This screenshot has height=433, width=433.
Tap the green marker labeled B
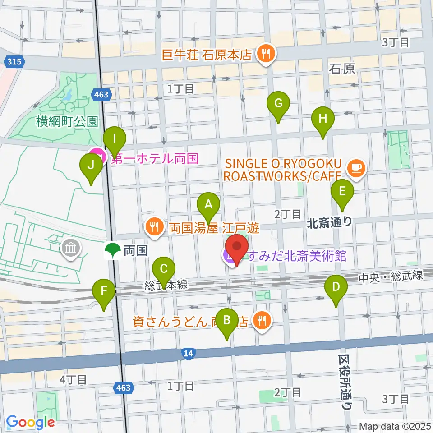pos(227,321)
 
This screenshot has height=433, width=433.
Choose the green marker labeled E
pos(342,192)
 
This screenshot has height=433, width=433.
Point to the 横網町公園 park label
pos(68,121)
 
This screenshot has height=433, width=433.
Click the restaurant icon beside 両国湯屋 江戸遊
pos(155,226)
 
